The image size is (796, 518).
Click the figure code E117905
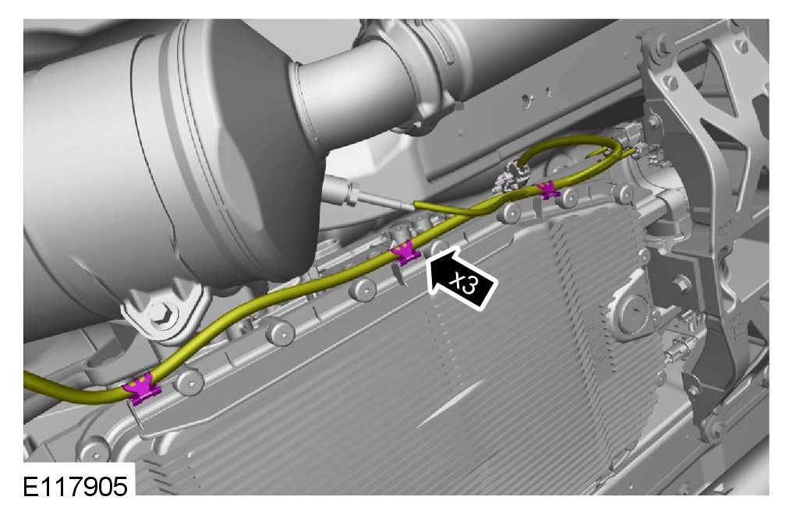[x=75, y=487]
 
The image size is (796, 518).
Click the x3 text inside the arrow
[x=465, y=284]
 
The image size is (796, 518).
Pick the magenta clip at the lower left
[x=142, y=389]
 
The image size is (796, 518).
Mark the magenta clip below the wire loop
[x=548, y=189]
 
